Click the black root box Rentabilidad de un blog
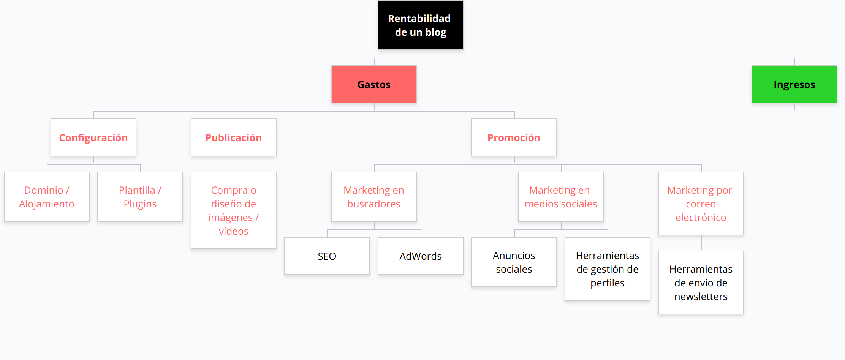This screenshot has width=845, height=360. pos(421,25)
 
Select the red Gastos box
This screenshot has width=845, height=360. pos(374,84)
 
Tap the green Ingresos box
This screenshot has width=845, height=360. pos(794,84)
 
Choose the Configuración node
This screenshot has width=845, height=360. pos(93,137)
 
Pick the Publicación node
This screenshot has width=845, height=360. pos(234,137)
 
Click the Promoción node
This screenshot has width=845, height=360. pos(514,137)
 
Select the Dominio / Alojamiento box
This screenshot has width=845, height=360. pos(47,197)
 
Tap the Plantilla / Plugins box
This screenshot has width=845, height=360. pos(140,197)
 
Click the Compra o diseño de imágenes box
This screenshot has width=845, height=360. pos(234,210)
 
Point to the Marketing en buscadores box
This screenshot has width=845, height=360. pos(374,197)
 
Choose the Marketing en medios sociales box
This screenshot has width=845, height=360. pos(561,197)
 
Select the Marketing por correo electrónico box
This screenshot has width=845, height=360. pos(701,204)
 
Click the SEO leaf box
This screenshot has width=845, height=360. pos(327,256)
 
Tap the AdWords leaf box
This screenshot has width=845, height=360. pos(421,256)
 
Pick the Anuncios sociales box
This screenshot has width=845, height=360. pos(514,262)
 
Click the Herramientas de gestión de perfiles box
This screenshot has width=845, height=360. pos(608,269)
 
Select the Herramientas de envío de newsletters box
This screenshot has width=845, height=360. pos(701,283)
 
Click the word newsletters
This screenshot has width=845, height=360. pos(701,297)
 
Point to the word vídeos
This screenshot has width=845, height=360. pos(234,231)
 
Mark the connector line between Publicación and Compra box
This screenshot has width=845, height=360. pos(234,164)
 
